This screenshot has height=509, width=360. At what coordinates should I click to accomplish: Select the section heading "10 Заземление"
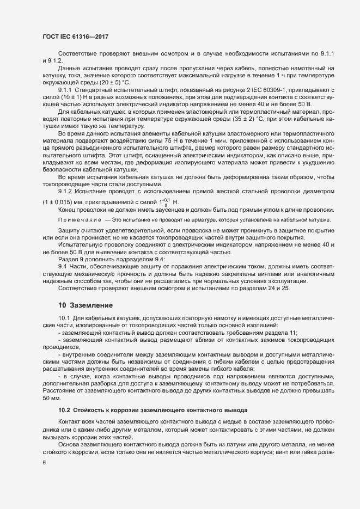[86, 306]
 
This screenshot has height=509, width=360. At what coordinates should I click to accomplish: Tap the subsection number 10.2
[64, 409]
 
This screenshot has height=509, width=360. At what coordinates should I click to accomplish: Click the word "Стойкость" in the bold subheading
[90, 409]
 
